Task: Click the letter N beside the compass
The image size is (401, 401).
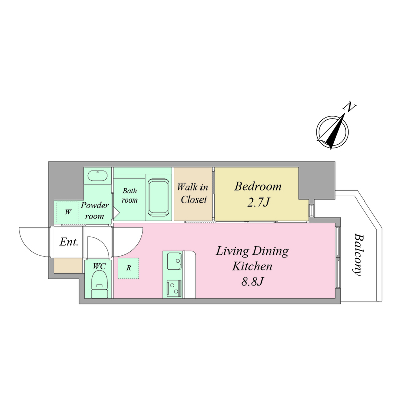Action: (x=349, y=107)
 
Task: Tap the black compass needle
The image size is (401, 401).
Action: (x=335, y=131)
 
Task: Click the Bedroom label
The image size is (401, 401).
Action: (x=258, y=186)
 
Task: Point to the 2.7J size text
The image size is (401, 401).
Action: (x=258, y=203)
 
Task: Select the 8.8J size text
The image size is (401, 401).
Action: (x=252, y=282)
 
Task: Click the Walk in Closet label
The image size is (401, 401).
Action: (x=193, y=193)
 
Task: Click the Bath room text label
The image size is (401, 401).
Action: (x=130, y=195)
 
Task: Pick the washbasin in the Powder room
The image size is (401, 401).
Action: (x=97, y=176)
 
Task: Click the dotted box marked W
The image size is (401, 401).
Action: (x=67, y=212)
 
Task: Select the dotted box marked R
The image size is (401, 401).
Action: (x=129, y=268)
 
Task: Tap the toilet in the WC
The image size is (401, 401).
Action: (x=99, y=284)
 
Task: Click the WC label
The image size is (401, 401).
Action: (x=99, y=266)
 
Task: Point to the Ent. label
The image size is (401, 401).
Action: (x=69, y=242)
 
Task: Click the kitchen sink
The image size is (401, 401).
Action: (x=174, y=261)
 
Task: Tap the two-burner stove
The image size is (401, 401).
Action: (x=174, y=289)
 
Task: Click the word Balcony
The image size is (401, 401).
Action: (x=358, y=254)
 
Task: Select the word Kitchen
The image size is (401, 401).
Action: (x=252, y=266)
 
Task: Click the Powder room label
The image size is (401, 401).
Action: (x=95, y=210)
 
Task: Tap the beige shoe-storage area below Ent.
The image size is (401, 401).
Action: (x=68, y=266)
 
